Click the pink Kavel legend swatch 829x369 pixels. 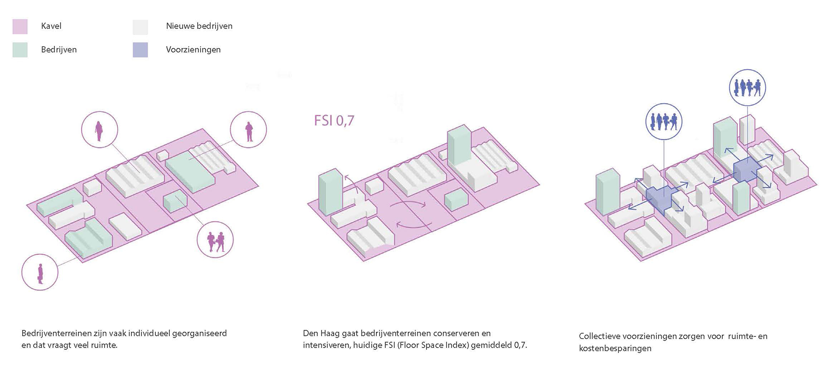[x=20, y=27]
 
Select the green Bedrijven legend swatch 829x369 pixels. [x=20, y=50]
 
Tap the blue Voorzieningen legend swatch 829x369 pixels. [x=140, y=50]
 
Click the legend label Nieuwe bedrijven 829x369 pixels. [x=199, y=26]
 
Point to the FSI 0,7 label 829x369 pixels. [x=334, y=121]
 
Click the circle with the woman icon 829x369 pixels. [x=100, y=129]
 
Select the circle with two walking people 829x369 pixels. [x=215, y=240]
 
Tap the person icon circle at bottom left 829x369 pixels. [x=40, y=272]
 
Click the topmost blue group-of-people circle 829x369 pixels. [x=748, y=87]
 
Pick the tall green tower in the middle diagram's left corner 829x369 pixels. [x=331, y=192]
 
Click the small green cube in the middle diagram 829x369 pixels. [x=456, y=199]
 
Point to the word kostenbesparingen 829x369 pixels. [x=615, y=348]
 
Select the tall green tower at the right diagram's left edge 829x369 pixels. [x=608, y=192]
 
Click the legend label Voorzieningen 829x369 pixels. [x=193, y=50]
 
